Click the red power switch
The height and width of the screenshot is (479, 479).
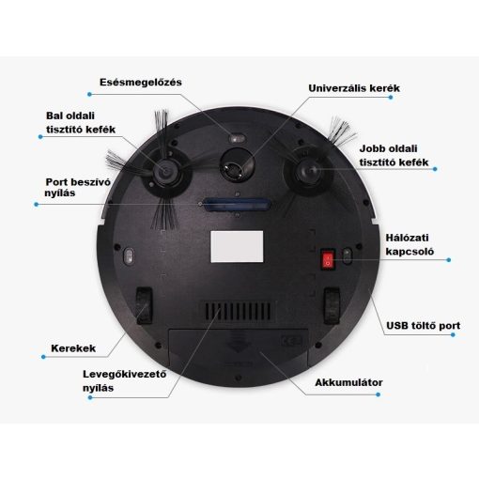point(329,259)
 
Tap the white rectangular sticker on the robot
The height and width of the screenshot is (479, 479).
point(237,247)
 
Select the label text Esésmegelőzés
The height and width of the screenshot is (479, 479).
point(141,82)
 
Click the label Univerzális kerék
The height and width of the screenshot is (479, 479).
point(354,88)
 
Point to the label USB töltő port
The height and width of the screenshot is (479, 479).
point(423,326)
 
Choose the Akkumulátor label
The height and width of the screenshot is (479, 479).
point(348,382)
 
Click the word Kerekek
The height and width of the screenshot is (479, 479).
point(73,348)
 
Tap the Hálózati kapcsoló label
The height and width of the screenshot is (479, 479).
point(409,244)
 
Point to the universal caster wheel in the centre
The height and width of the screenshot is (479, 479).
point(237,165)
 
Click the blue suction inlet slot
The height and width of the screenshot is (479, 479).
point(236,204)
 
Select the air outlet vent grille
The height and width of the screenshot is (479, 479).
point(238,311)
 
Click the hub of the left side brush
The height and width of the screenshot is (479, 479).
point(165,171)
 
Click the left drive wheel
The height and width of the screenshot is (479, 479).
point(144,305)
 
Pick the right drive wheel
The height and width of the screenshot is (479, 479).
point(332,305)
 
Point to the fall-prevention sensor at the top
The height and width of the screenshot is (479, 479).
point(237,138)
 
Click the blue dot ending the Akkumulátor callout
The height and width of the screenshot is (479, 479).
point(379,394)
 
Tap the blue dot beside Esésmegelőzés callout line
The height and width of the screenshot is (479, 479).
point(89,94)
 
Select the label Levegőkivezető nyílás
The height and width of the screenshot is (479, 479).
point(124,380)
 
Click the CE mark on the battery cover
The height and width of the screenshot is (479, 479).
point(291,341)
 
